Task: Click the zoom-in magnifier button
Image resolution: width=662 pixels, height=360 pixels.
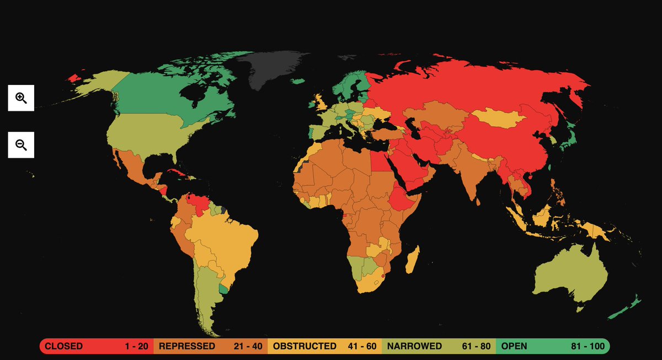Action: tap(21, 98)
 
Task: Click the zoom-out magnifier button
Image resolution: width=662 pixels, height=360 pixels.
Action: tap(21, 145)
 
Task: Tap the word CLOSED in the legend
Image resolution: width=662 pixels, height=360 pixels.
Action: tap(63, 346)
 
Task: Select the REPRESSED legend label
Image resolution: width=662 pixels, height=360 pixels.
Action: tap(187, 346)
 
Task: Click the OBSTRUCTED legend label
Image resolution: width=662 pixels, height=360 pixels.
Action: tap(305, 346)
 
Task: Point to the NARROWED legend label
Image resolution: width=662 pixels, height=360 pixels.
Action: tap(414, 346)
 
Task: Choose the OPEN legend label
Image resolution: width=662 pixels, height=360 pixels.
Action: tap(514, 346)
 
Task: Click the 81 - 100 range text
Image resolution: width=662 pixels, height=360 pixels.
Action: tap(588, 346)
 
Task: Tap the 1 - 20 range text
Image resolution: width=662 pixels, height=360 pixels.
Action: tap(137, 346)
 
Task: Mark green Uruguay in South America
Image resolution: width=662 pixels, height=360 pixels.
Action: tap(223, 288)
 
